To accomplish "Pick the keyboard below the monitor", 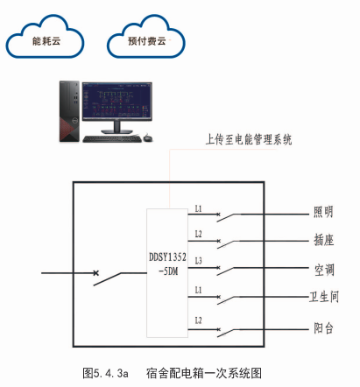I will click(x=113, y=139).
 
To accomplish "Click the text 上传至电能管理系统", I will click(x=248, y=138).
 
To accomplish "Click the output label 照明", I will click(x=323, y=212).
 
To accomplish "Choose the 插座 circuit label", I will click(x=323, y=240).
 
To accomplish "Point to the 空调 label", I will click(x=323, y=269).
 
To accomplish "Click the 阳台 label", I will click(x=323, y=331).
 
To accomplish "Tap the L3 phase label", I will click(x=199, y=261).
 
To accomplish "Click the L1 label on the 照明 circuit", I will click(x=199, y=208).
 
